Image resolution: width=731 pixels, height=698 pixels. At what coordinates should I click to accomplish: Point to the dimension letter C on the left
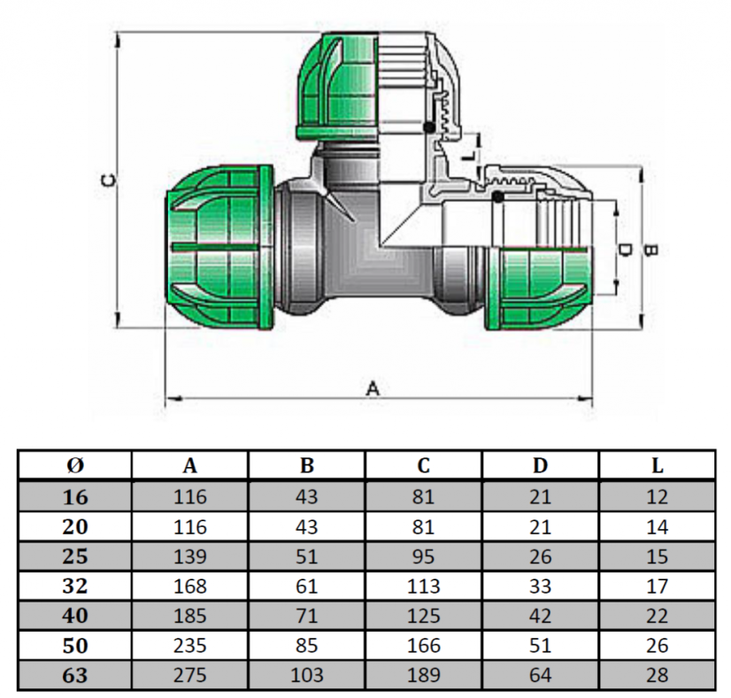[x=107, y=180]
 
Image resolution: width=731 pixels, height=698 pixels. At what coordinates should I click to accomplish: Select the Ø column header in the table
[x=75, y=465]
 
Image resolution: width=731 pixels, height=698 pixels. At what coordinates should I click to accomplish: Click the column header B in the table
[x=307, y=465]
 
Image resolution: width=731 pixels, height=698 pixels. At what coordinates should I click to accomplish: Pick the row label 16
[x=75, y=497]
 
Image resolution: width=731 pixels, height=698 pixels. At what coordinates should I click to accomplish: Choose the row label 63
[x=75, y=676]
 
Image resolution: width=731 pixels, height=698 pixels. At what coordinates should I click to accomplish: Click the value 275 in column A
[x=190, y=676]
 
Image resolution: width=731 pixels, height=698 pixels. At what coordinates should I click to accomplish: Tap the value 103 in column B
[x=307, y=676]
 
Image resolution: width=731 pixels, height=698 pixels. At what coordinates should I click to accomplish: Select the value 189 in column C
[x=423, y=676]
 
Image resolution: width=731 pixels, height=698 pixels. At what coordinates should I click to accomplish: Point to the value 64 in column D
[x=540, y=676]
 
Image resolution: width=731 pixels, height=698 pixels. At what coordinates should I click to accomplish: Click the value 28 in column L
[x=657, y=676]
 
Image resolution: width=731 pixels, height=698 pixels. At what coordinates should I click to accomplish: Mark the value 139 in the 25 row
[x=190, y=556]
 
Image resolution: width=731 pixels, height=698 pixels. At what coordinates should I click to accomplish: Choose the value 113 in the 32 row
[x=423, y=587]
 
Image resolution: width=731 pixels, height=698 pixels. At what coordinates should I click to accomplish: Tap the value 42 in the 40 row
[x=540, y=617]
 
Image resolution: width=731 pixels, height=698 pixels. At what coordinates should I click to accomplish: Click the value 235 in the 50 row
[x=190, y=646]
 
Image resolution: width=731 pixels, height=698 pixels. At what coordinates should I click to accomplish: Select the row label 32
[x=75, y=587]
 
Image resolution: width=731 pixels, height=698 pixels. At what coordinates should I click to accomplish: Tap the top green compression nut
[x=341, y=86]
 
